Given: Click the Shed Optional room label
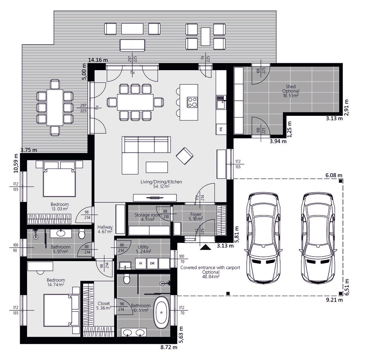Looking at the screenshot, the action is point(291,91).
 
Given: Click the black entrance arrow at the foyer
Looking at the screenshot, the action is point(205,247).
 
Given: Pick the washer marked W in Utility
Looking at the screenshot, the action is point(141,264).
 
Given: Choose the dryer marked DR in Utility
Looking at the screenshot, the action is point(152,264).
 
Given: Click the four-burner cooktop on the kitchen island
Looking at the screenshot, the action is point(192,102).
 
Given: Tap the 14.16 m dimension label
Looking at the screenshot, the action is point(98,60).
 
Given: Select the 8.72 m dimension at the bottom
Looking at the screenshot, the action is point(169,347).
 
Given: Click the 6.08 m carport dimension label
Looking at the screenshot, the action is point(334,175).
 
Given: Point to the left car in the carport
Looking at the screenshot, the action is point(263,238).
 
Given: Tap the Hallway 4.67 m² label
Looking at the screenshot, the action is point(105,229).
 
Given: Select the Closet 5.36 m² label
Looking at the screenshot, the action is point(104,305).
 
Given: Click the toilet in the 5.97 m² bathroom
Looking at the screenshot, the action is point(82,234).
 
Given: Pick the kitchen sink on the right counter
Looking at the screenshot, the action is point(221,102).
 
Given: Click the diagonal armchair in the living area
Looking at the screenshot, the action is point(184,155).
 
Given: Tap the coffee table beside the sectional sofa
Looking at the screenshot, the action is point(157,167).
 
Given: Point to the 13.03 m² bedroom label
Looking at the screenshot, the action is point(60,207).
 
